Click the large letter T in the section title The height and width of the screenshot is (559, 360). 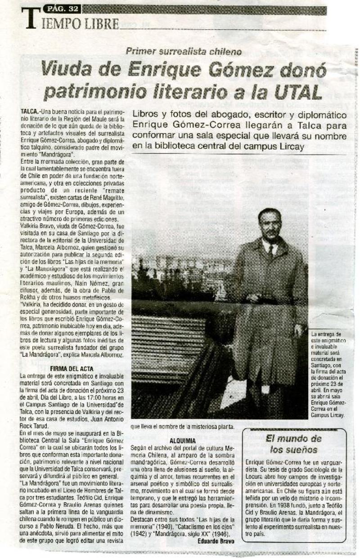30,20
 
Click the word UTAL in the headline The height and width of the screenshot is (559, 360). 298,92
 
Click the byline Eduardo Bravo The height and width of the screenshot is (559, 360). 216,541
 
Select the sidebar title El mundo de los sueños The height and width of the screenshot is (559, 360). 294,444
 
